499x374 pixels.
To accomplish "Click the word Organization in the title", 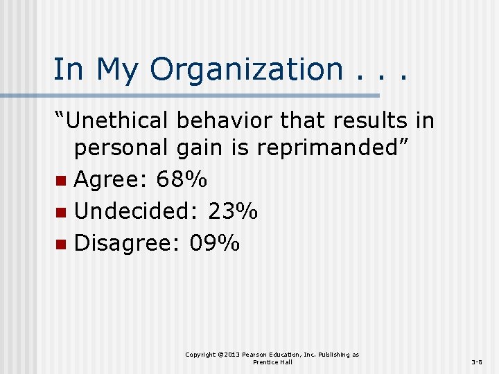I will click(x=246, y=70).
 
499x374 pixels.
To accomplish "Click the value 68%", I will click(x=182, y=180).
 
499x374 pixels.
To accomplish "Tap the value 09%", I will click(x=214, y=242).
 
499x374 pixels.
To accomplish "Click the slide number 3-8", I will click(x=478, y=362).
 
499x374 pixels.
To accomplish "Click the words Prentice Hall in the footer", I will click(x=272, y=362).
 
